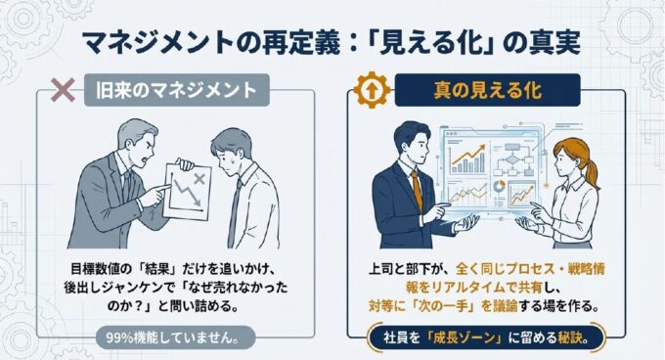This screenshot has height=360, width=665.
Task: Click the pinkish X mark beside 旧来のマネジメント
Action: (x=63, y=90)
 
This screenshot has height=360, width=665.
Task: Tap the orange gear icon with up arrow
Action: (x=372, y=90)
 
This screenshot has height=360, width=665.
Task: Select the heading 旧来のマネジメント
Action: (x=176, y=90)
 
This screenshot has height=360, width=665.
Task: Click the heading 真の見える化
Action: (x=487, y=90)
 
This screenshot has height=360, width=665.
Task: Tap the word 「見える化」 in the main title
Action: (x=433, y=43)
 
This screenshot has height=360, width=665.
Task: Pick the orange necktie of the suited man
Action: (x=417, y=191)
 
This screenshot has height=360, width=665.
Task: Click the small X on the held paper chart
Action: (x=199, y=178)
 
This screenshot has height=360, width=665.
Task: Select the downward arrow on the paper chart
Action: (x=187, y=193)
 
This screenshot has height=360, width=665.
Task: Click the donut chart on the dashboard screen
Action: (x=499, y=186)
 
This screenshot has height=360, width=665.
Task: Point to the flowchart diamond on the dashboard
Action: (x=512, y=160)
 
